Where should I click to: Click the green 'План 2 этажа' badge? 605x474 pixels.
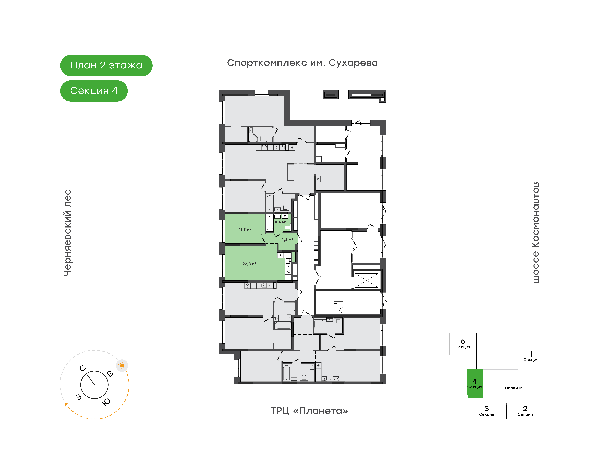106,66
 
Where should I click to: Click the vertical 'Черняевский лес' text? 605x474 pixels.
68,233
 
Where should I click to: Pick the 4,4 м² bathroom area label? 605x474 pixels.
280,222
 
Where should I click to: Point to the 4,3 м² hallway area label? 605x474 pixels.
287,240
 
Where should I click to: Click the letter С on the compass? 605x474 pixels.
83,368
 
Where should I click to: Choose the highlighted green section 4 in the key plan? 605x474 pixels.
475,384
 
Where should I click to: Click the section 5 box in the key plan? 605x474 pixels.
463,344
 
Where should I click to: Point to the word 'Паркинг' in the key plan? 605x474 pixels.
513,388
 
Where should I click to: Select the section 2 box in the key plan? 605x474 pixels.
525,411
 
